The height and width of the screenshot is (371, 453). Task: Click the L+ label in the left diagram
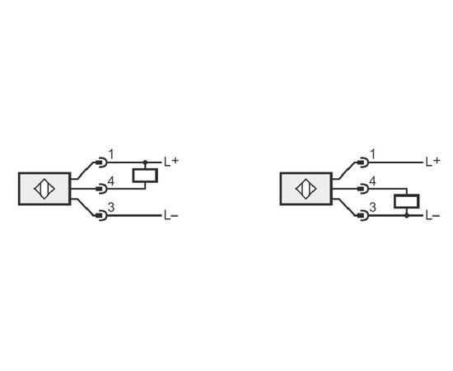171,162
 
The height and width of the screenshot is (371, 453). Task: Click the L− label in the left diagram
171,215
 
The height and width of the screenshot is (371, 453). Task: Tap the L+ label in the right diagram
432,162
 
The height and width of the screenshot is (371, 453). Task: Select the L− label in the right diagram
432,215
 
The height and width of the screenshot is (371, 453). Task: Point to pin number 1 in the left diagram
111,154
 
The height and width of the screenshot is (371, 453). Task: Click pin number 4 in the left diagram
111,181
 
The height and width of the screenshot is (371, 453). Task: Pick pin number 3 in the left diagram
111,207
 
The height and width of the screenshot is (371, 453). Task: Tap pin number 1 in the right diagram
373,154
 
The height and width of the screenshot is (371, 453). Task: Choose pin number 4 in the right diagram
373,181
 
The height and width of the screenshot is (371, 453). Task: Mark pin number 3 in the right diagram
373,207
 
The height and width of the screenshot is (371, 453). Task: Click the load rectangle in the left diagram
145,176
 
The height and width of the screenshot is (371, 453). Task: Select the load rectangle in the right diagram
407,201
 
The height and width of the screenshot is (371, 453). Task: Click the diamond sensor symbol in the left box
44,189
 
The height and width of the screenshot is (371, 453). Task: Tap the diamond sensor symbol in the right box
306,189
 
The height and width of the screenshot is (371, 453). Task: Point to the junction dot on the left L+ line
145,162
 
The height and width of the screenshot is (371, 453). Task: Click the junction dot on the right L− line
407,216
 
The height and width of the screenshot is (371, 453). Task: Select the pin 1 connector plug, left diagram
101,162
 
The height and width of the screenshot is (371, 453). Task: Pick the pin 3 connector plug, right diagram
363,216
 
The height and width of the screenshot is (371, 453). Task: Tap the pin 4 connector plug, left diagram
101,189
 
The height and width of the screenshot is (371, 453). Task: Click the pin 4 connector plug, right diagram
363,189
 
